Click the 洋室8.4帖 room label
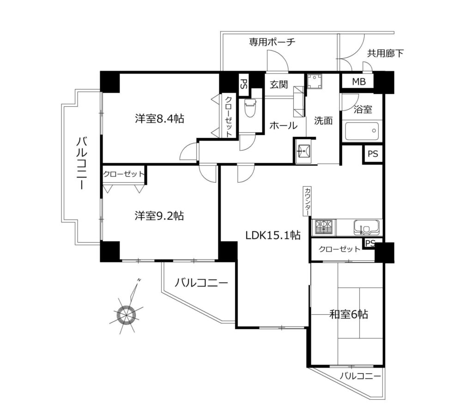point(159,119)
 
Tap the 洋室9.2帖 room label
point(159,216)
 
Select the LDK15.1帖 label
point(273,235)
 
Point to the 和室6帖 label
point(348,315)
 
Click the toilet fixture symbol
point(250,108)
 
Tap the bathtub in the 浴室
point(362,131)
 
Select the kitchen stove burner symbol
point(325,227)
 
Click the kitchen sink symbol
point(366,227)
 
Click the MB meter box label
point(359,81)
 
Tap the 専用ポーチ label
point(272,42)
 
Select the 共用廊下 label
point(385,54)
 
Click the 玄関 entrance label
point(279,85)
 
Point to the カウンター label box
point(307,201)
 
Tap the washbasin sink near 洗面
point(303,150)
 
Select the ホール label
point(283,125)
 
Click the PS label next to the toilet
point(243,84)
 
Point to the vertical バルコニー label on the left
point(81,163)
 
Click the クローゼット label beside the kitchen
point(340,249)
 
